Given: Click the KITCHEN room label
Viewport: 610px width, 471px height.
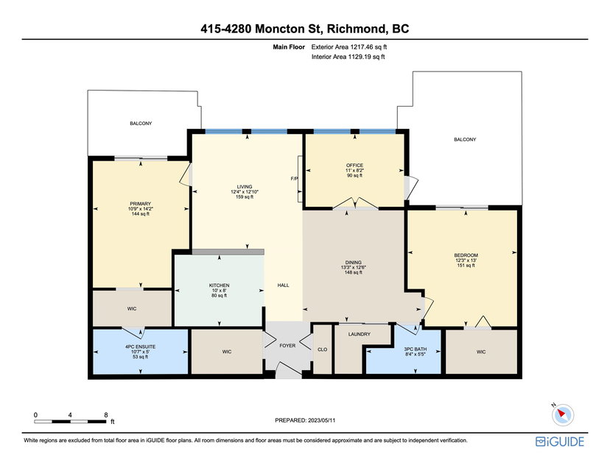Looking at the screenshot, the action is pyautogui.click(x=219, y=286).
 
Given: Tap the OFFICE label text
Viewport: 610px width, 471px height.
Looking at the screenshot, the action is pyautogui.click(x=355, y=165).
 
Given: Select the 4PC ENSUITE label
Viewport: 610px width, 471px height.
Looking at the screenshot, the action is pyautogui.click(x=141, y=347).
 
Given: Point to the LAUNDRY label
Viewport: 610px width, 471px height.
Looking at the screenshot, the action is pyautogui.click(x=360, y=334).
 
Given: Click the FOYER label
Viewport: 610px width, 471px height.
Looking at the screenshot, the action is pyautogui.click(x=287, y=345).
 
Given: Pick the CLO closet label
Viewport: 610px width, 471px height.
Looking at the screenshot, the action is pyautogui.click(x=323, y=350).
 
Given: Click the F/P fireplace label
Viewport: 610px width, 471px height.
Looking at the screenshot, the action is pyautogui.click(x=294, y=179).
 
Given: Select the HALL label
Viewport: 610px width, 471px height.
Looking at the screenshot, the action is pyautogui.click(x=283, y=286).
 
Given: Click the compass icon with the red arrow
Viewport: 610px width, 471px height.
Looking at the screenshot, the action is pyautogui.click(x=563, y=414).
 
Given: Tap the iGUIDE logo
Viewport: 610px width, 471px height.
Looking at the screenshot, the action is pyautogui.click(x=560, y=442).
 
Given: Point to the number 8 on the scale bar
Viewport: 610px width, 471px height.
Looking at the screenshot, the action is pyautogui.click(x=106, y=415).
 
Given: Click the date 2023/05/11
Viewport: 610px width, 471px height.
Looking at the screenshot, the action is pyautogui.click(x=322, y=420).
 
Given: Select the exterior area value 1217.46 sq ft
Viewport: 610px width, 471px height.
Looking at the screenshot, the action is pyautogui.click(x=368, y=47).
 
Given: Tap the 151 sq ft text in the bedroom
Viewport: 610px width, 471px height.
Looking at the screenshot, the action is pyautogui.click(x=466, y=266).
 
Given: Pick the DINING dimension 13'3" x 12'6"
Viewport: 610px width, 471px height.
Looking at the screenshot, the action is pyautogui.click(x=353, y=267).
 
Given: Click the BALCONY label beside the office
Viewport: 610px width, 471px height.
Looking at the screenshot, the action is pyautogui.click(x=465, y=140).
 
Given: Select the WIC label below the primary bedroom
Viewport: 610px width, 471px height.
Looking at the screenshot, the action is pyautogui.click(x=132, y=308).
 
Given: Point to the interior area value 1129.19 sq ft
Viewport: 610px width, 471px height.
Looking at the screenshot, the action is pyautogui.click(x=366, y=57).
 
